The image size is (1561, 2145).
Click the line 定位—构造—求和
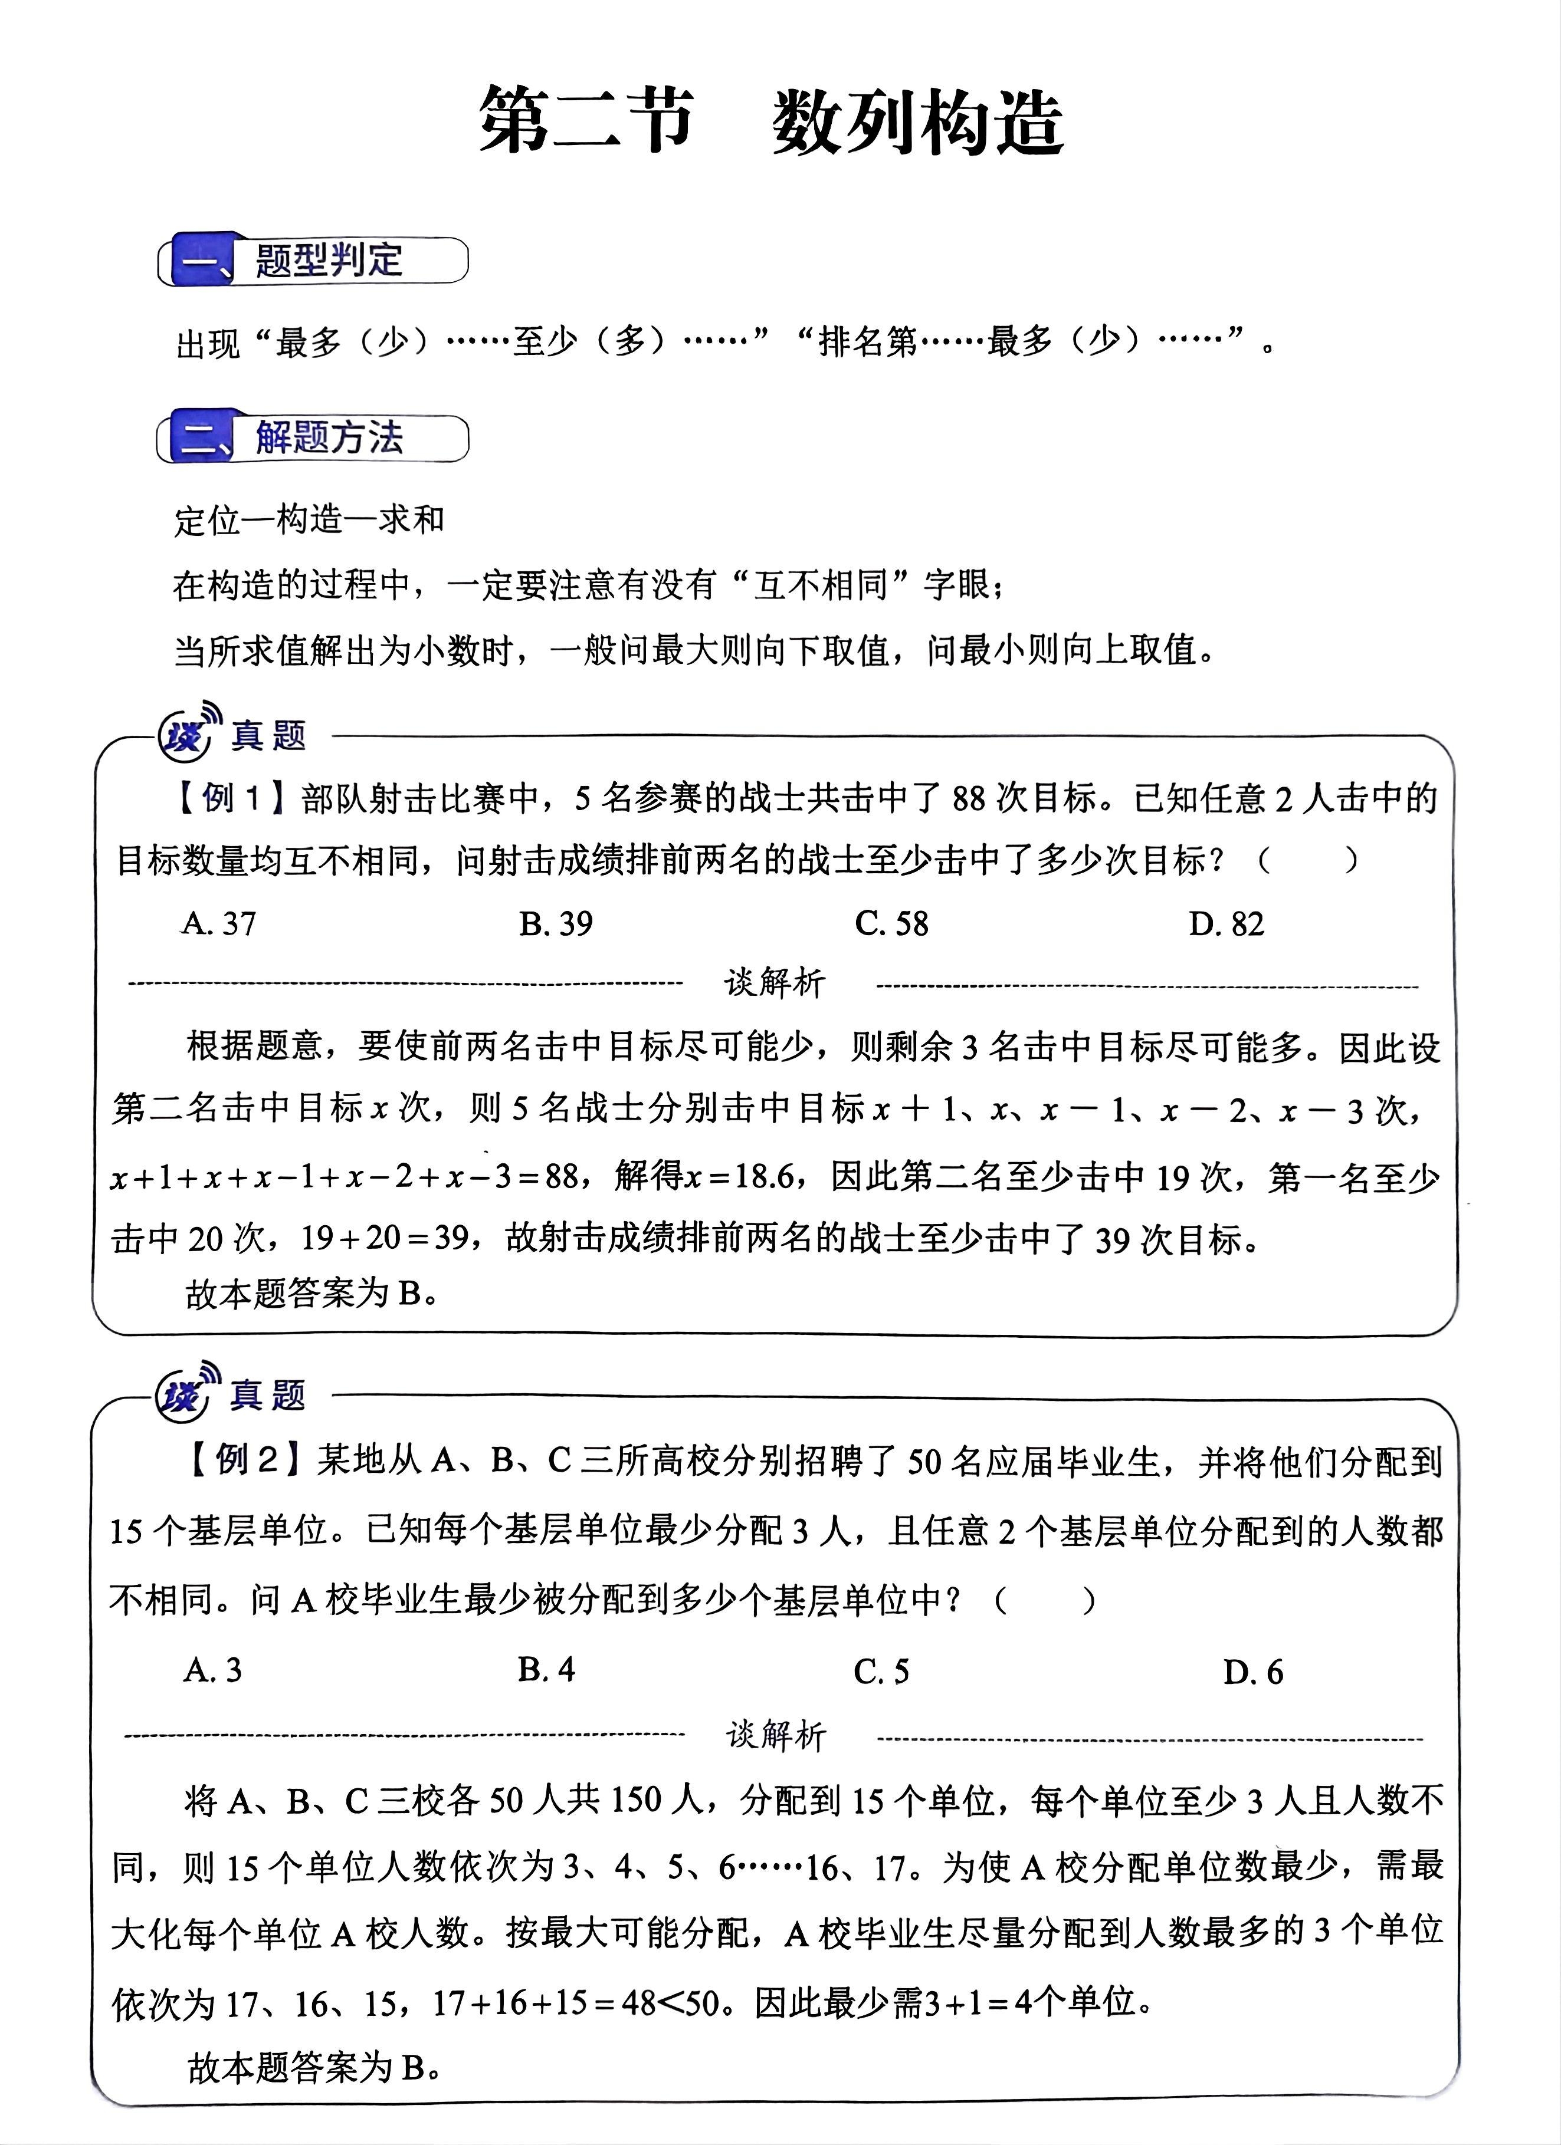tap(309, 520)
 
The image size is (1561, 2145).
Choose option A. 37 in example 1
tap(218, 923)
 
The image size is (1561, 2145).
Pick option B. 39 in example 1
tap(555, 923)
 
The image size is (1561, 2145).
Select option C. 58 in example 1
tap(891, 923)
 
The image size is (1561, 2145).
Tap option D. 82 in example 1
tap(1226, 923)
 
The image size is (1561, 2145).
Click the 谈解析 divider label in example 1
tap(775, 983)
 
